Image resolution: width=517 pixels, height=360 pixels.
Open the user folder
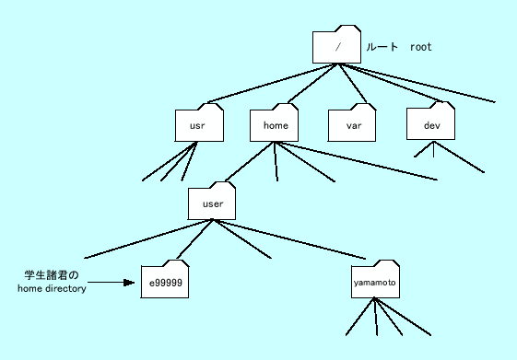click(x=212, y=203)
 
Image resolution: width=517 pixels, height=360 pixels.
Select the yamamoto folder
click(x=376, y=282)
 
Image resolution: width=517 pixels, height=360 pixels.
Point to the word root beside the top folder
click(x=420, y=46)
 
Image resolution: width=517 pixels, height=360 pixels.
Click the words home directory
click(x=52, y=288)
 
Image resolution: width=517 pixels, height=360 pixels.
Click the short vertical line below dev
click(x=432, y=149)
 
